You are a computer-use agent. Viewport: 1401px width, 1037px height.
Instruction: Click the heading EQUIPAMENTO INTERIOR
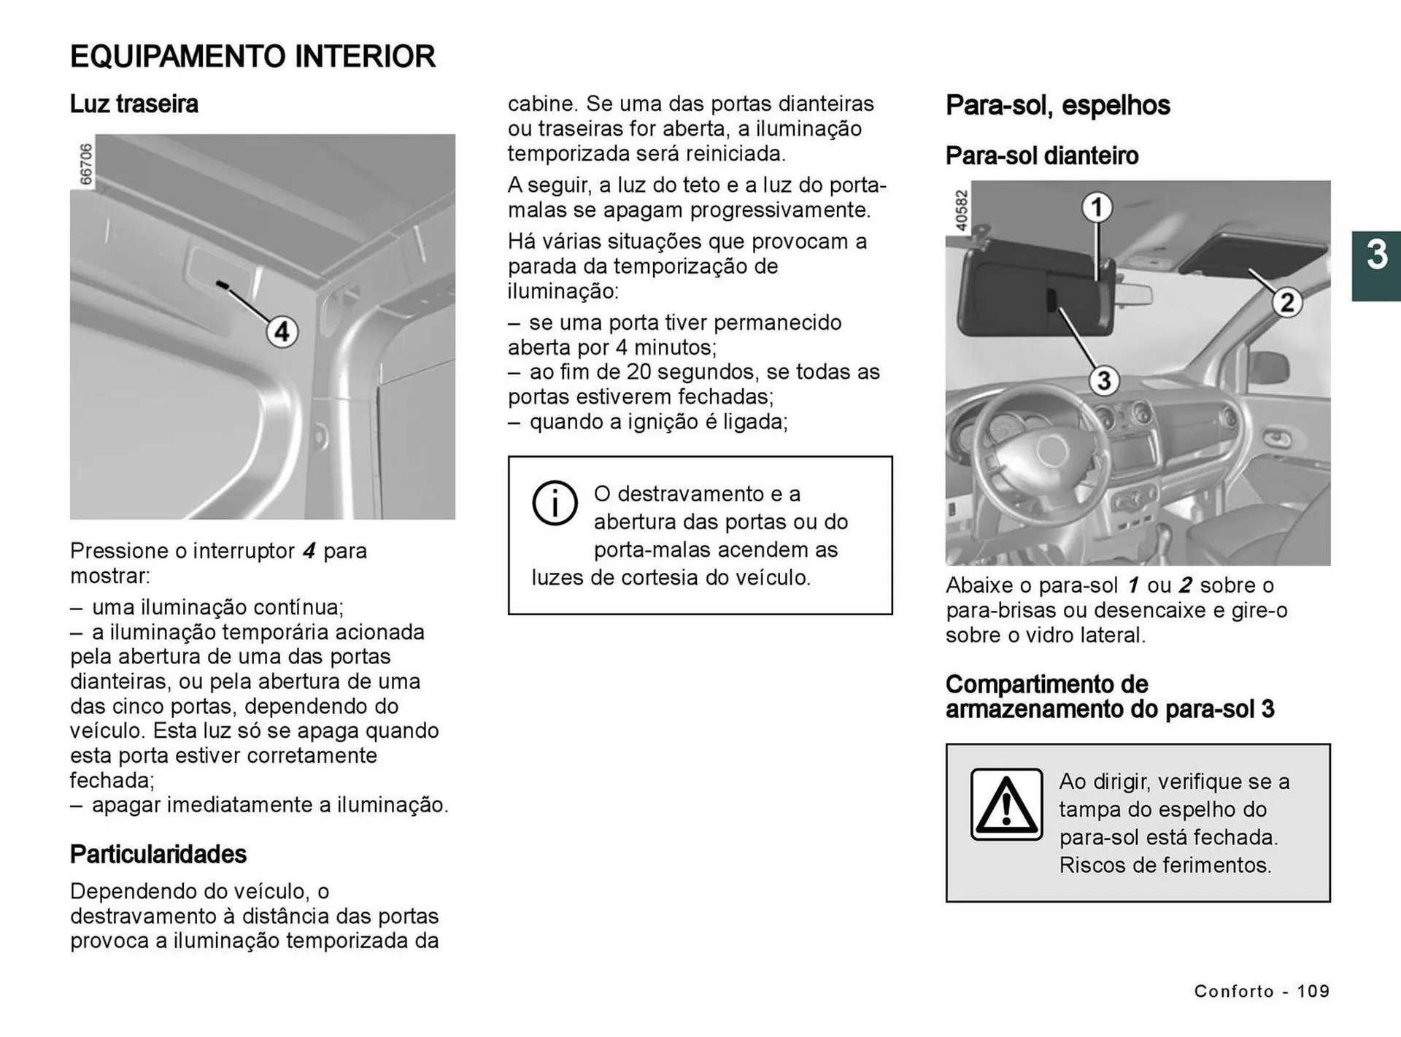tap(252, 57)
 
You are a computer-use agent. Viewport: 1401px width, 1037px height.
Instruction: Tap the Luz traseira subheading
tap(134, 104)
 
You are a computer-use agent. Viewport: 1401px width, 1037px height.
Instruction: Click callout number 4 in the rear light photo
tap(282, 333)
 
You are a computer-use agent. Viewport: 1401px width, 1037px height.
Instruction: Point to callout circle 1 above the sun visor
tap(1096, 208)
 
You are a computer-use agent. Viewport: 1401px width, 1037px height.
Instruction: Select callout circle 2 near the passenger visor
tap(1287, 302)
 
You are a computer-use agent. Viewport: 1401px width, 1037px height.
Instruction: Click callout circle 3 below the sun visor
tap(1104, 381)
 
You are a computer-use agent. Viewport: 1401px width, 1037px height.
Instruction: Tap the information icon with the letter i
tap(555, 504)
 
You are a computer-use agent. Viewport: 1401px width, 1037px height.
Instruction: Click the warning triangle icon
tap(1006, 804)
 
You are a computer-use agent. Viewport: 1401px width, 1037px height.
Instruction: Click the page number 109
tap(1313, 991)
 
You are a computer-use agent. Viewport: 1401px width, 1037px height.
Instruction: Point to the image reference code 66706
tap(85, 164)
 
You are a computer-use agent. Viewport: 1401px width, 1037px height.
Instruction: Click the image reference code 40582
tap(961, 211)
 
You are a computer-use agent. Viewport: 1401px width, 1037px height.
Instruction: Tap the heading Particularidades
tap(158, 855)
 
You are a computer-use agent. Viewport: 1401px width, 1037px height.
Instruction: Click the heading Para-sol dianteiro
tap(1041, 156)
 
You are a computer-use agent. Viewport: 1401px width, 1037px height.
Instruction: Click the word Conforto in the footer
tap(1234, 991)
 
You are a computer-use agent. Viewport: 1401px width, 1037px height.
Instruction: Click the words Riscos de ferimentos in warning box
tap(1165, 866)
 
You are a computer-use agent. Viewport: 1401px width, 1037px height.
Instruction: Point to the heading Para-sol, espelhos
tap(1057, 106)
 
